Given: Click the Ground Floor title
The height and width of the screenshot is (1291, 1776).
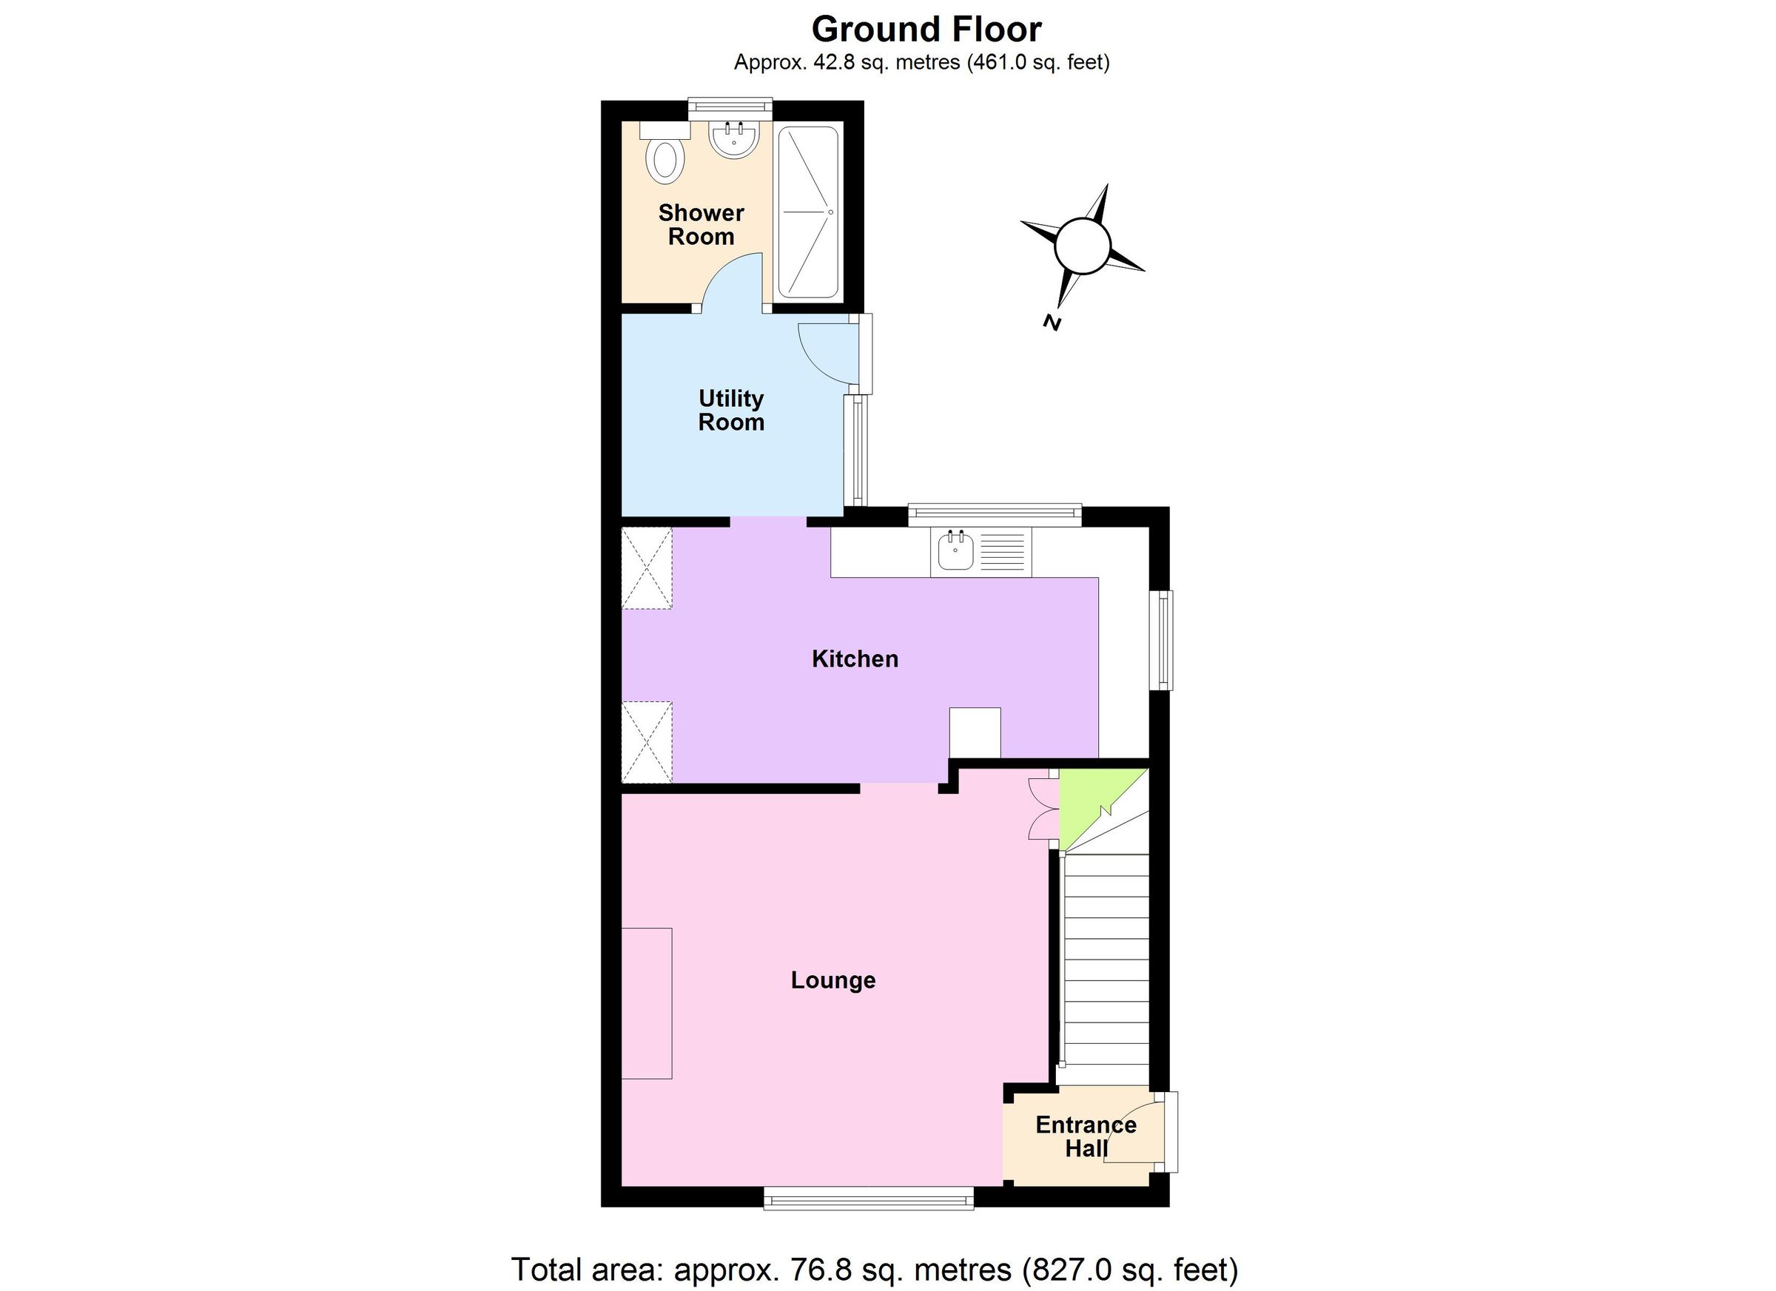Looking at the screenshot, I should tap(926, 30).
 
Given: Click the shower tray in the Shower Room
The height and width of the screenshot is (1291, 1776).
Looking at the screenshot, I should tap(808, 212).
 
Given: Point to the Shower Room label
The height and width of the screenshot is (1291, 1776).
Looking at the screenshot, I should tap(701, 225).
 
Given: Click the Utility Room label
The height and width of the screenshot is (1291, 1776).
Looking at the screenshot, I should tap(730, 411).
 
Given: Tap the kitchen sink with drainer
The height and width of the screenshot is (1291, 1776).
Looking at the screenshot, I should tap(980, 552).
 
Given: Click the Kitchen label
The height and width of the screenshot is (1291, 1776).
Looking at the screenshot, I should tap(854, 659).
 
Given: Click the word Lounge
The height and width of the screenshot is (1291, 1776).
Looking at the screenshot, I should tap(832, 980).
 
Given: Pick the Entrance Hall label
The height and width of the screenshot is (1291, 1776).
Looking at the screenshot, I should tap(1086, 1137).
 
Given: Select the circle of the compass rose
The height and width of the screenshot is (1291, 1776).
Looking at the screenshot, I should tap(1082, 246).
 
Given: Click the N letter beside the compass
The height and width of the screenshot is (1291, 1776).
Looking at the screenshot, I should tap(1052, 322).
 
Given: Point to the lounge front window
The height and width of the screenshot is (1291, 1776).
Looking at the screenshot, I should tap(869, 1198).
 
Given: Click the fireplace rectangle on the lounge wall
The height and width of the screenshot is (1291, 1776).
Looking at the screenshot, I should tap(647, 1004).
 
